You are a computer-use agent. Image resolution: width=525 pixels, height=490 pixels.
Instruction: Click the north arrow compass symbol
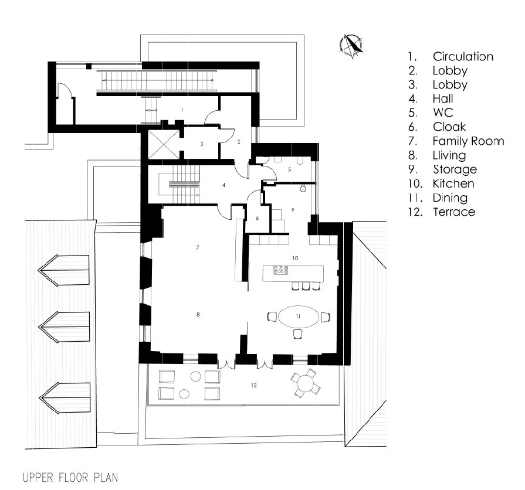click(x=352, y=46)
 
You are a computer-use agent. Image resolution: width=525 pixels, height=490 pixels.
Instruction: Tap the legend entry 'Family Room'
click(x=468, y=141)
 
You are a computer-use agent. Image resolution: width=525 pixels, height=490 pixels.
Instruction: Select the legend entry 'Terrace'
click(x=453, y=212)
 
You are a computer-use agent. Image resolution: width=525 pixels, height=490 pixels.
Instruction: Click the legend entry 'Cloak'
click(x=449, y=127)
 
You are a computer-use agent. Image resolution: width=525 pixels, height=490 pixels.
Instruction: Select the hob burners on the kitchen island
click(x=280, y=271)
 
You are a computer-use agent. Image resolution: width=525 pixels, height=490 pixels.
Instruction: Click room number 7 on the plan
click(x=198, y=248)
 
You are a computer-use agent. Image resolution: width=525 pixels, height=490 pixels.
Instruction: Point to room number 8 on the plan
click(x=198, y=315)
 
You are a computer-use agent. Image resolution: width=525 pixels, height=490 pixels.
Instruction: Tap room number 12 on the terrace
click(x=253, y=385)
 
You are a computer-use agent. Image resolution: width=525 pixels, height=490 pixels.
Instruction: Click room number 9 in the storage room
click(x=292, y=209)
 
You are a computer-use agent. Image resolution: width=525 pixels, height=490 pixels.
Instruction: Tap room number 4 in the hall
click(x=223, y=185)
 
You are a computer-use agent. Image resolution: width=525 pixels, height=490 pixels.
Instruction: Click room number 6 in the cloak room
click(x=257, y=218)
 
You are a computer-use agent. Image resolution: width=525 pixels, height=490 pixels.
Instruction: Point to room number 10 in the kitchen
click(x=296, y=258)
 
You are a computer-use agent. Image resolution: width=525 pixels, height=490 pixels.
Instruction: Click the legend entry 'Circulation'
click(x=462, y=57)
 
